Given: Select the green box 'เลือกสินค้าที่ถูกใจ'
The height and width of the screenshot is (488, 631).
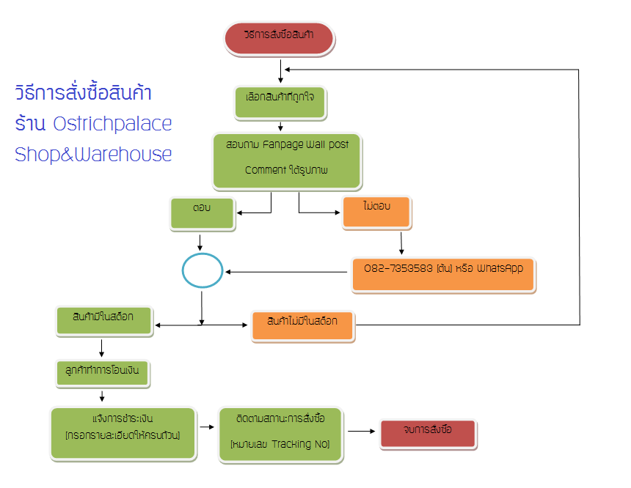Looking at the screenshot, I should pos(280,103).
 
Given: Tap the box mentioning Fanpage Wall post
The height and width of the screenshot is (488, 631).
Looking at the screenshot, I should pos(288,160).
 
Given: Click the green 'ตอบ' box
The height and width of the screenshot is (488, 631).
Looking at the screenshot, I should pos(203,213).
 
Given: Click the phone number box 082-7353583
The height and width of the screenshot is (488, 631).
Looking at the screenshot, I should pos(443,274).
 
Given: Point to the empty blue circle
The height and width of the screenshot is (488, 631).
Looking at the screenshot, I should pos(202,271).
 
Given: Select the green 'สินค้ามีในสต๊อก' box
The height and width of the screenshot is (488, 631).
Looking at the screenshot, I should pos(104,320).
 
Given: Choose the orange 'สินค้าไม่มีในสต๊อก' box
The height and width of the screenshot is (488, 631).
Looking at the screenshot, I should pos(303,325).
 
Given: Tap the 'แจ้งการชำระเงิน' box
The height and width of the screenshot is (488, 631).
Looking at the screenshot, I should pos(123,434).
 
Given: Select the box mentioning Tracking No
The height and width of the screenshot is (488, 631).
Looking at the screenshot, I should pos(280,434).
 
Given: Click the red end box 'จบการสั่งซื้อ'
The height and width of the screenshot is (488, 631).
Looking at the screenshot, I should pos(428,435).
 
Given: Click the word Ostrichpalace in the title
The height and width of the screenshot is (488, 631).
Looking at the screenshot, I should pos(113,124).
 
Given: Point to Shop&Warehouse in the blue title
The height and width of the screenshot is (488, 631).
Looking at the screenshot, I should pos(93,155).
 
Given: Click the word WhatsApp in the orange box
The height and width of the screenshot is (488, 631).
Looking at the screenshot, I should pos(500,268).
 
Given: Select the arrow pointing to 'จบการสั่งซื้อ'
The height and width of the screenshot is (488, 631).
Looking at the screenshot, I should pos(361,432).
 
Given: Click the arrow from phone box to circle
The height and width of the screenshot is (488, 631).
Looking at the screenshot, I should pos(286,273).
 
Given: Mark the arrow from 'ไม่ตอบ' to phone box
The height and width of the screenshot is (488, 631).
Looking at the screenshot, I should pos(401,243).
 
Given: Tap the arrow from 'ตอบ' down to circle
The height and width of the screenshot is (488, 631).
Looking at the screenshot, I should pos(200,243).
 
